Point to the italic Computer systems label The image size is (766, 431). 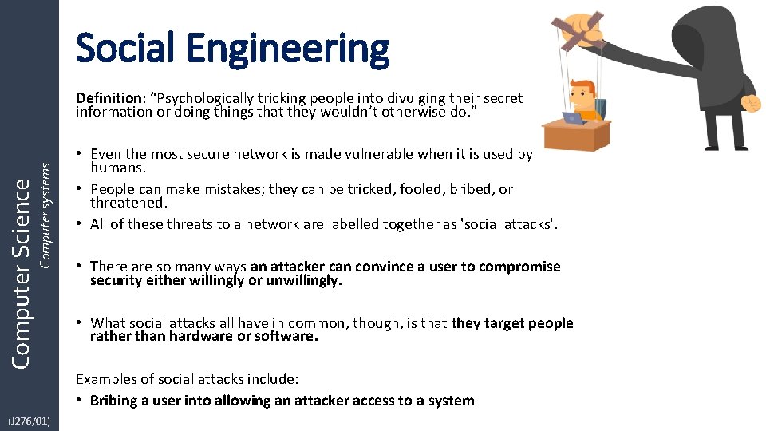[45, 215]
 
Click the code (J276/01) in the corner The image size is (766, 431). [29, 421]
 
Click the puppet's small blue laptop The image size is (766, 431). [574, 118]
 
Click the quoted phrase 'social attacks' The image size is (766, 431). [515, 224]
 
